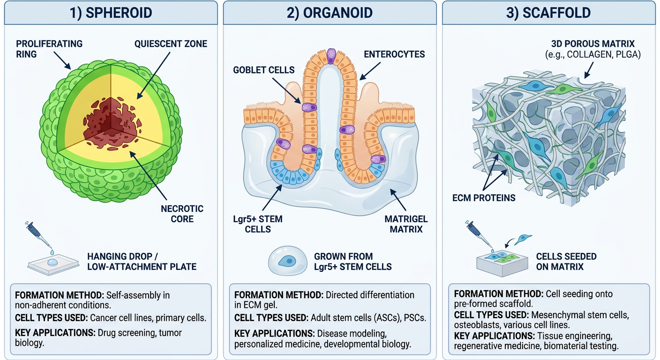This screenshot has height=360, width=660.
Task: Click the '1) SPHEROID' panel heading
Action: tap(111, 13)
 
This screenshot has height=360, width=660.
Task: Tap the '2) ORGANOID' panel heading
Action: tap(330, 13)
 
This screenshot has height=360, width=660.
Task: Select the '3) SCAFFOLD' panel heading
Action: tap(548, 13)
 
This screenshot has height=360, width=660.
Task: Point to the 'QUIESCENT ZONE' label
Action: tap(171, 44)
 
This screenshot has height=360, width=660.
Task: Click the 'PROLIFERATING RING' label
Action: tap(49, 49)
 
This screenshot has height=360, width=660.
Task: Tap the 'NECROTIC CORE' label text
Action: tap(182, 214)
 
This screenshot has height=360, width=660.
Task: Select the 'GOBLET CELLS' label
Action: tap(264, 70)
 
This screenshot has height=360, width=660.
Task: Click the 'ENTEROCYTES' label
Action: tap(394, 54)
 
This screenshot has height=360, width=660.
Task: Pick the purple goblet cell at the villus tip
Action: tap(331, 56)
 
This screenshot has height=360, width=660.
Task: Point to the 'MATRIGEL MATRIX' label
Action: tap(406, 224)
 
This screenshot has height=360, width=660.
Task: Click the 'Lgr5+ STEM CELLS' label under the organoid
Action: tap(258, 224)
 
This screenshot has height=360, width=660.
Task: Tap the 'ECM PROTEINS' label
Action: tap(484, 198)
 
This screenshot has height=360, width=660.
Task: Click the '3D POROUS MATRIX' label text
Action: tap(593, 44)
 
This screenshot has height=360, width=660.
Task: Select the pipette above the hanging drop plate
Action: tap(39, 236)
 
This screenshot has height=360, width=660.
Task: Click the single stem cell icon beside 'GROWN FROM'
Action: tap(287, 261)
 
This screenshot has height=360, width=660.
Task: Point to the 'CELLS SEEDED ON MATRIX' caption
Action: tap(566, 262)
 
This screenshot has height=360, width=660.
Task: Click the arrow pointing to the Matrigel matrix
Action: tap(398, 200)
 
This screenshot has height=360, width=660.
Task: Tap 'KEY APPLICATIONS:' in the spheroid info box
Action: tap(55, 333)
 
